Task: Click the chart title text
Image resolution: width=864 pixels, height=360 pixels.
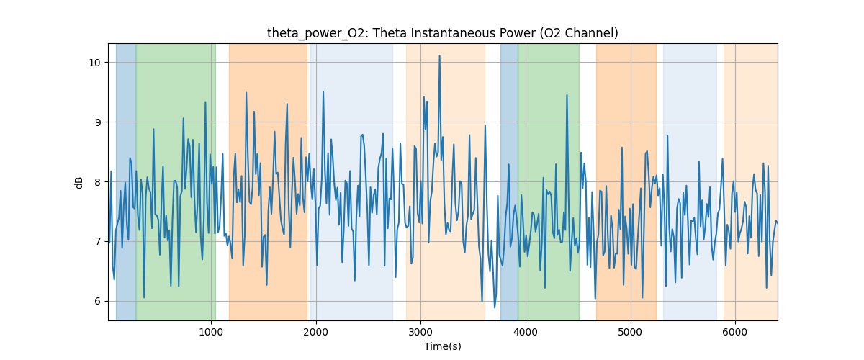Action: pos(442,33)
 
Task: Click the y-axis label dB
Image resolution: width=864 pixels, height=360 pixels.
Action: pos(79,182)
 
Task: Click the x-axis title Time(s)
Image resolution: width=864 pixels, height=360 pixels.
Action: pos(442,346)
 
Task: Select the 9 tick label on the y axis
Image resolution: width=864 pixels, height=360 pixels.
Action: pos(98,122)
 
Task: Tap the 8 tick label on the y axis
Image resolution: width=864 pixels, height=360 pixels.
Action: pos(98,181)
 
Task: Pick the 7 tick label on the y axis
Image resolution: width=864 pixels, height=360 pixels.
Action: pos(98,241)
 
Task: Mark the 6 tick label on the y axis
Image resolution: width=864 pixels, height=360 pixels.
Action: pos(98,301)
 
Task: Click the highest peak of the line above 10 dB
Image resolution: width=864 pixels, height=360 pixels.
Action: pos(439,55)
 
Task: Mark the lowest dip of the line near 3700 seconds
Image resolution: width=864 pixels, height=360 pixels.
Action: pos(494,307)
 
